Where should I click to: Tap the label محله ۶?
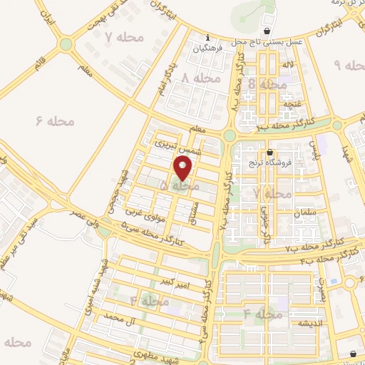coord(54,121)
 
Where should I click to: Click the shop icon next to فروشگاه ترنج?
coord(270,152)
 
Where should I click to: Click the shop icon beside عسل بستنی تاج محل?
coord(267,31)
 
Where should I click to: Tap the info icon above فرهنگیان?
coord(207,38)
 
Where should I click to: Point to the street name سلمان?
coord(283,213)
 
